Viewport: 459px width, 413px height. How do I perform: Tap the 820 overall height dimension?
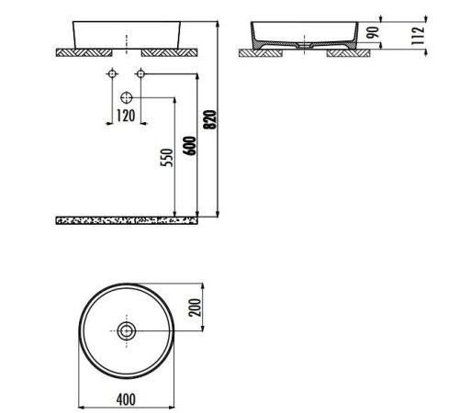coord(210,120)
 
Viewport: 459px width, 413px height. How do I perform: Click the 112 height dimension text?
coord(418,35)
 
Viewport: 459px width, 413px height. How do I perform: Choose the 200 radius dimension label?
coord(195,307)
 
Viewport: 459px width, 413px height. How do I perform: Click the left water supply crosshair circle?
coord(112,73)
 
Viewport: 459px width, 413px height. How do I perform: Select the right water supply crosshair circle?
coord(140,73)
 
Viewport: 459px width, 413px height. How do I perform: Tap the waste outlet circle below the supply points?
coord(127,96)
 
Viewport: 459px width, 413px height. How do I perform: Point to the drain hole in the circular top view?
coord(126,329)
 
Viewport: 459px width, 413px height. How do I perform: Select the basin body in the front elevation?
coord(126,32)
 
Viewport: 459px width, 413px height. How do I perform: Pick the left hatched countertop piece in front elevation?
coord(88,52)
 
